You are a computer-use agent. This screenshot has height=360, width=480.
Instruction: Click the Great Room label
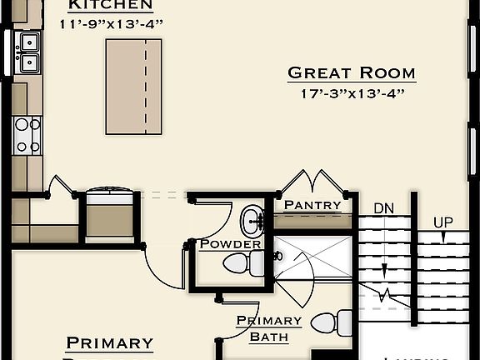point(351,72)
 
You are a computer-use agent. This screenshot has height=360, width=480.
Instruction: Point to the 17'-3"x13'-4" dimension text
point(351,93)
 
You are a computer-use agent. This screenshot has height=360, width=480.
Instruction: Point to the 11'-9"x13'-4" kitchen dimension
point(111,24)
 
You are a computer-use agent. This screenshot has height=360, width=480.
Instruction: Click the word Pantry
point(312,205)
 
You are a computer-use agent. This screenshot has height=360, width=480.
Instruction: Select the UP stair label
point(442,222)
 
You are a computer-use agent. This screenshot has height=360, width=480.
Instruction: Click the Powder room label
point(230,244)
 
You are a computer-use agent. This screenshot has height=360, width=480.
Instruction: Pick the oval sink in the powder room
point(251,221)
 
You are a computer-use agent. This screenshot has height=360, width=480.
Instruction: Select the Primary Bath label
point(268,328)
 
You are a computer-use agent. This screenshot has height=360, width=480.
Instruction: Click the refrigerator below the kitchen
point(110,215)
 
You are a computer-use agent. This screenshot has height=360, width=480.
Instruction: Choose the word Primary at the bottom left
point(109,342)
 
